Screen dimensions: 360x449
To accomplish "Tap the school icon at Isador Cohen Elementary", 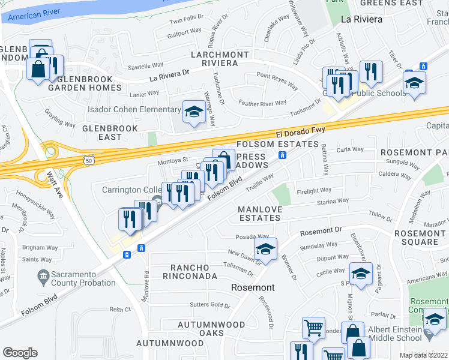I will [x=194, y=112].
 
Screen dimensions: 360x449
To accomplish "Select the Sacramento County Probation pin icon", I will [x=43, y=276].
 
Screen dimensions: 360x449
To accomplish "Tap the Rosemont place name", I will [x=253, y=287].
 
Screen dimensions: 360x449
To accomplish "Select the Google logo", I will [x=20, y=353].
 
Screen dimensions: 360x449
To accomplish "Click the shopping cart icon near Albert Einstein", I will [x=313, y=328].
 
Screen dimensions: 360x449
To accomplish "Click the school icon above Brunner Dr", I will [x=266, y=248].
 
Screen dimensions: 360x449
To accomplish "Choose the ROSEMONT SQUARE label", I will [x=417, y=237].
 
